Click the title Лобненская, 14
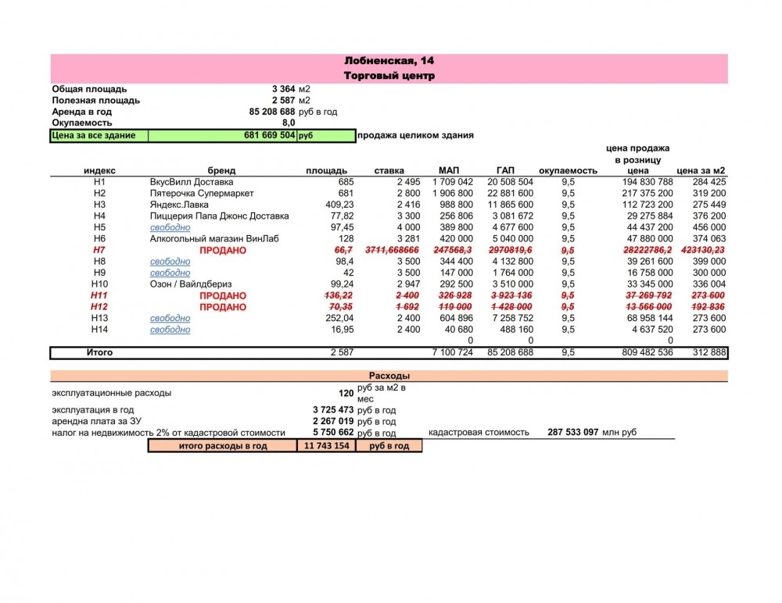[x=389, y=61]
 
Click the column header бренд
[x=221, y=170]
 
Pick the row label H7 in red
[x=99, y=250]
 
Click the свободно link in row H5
[x=170, y=227]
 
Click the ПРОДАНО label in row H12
[x=223, y=307]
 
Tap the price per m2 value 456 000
[x=708, y=227]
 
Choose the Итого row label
[x=99, y=353]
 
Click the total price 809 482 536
[x=643, y=353]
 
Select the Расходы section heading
[x=389, y=376]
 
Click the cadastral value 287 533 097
[x=573, y=432]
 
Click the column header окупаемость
[x=568, y=170]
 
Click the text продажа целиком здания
[x=415, y=136]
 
